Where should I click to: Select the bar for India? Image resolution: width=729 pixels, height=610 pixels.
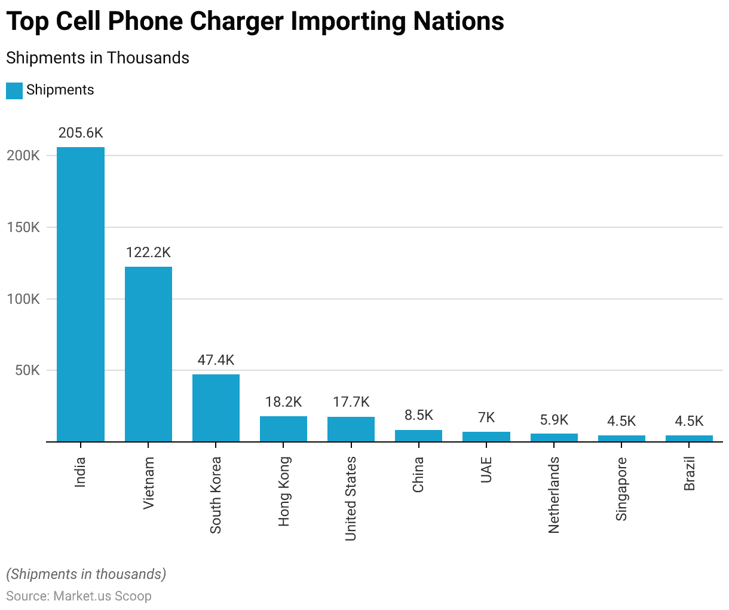[x=81, y=294]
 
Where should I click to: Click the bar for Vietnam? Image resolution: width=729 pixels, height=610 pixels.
[x=148, y=354]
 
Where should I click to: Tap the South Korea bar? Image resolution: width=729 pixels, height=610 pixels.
[x=216, y=408]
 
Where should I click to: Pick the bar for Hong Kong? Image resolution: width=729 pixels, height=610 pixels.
[x=283, y=429]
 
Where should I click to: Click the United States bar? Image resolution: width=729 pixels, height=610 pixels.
[x=351, y=429]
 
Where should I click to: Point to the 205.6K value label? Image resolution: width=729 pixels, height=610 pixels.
[x=81, y=133]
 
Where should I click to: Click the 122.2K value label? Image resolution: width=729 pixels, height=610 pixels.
[x=148, y=252]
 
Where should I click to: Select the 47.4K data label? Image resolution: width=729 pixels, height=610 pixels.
[x=216, y=360]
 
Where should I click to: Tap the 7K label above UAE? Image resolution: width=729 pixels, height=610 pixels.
[x=486, y=417]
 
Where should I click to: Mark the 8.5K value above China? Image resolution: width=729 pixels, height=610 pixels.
[x=418, y=415]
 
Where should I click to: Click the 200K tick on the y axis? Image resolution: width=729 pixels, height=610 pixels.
[x=23, y=155]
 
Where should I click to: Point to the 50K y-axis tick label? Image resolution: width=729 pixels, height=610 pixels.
[x=27, y=370]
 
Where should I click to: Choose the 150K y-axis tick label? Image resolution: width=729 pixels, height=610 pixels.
[x=23, y=227]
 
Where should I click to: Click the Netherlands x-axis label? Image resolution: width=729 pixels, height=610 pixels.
[x=554, y=495]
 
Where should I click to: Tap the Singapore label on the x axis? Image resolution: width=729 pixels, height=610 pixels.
[x=621, y=489]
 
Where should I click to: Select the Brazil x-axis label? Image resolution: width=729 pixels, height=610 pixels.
[x=690, y=474]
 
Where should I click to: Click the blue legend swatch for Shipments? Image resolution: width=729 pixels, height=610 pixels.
[x=14, y=90]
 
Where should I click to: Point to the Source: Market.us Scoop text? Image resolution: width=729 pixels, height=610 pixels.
[x=79, y=596]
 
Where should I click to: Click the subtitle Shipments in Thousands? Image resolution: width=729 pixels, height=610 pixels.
[x=97, y=58]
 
